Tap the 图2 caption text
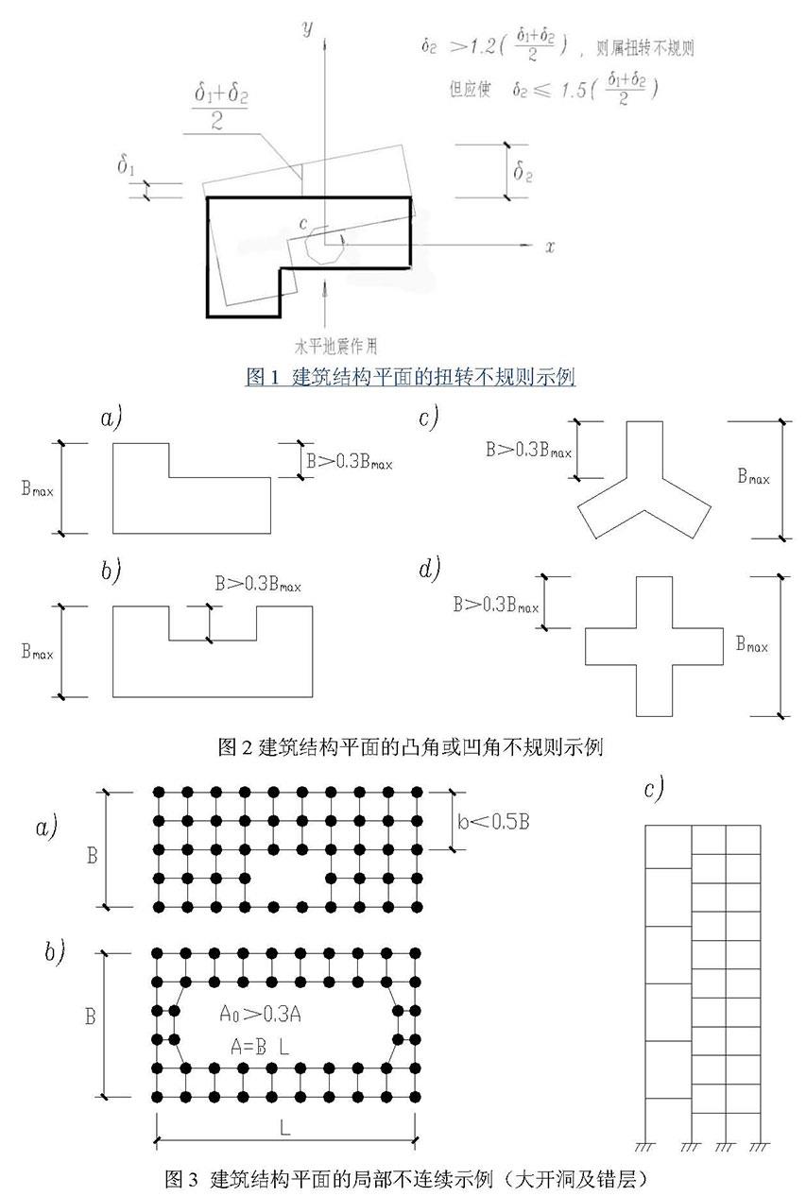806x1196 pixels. (410, 747)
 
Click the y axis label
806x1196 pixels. (307, 27)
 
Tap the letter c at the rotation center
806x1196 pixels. (301, 223)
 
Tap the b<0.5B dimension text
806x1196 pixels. (494, 820)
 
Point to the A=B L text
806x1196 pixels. (260, 1046)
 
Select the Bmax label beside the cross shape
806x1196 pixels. (751, 646)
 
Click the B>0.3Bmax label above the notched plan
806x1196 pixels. (257, 586)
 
